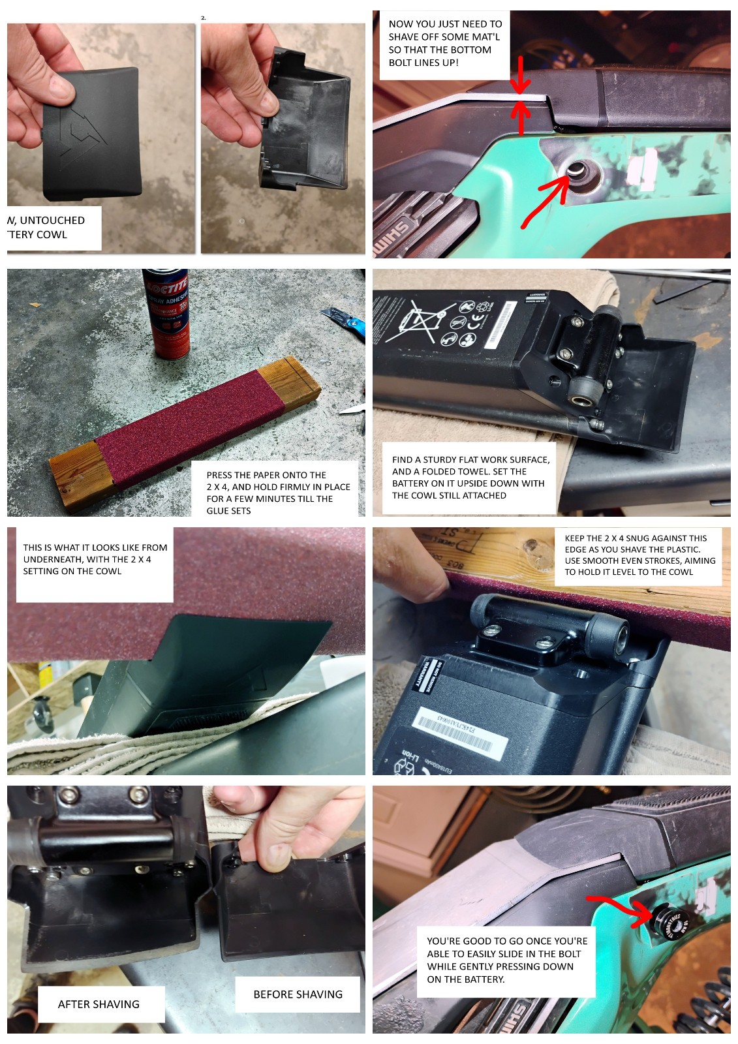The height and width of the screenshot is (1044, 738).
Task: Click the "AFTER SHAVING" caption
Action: [x=99, y=1004]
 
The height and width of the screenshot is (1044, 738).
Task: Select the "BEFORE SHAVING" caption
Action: [x=298, y=994]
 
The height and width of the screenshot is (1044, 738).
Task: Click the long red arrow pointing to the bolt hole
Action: [x=548, y=196]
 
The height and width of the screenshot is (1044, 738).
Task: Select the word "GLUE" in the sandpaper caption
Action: [x=219, y=511]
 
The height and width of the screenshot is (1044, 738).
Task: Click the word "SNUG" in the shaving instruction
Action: [x=655, y=538]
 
